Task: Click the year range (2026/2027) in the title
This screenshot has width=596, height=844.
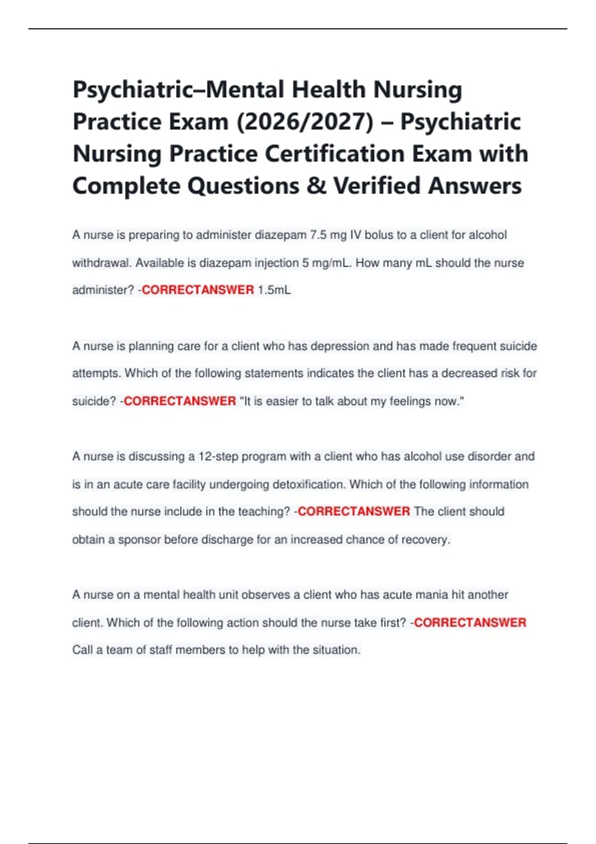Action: [305, 122]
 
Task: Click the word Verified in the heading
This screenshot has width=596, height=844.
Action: [377, 186]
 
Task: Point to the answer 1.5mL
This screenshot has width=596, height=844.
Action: [274, 290]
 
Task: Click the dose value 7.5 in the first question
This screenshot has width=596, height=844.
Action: [318, 235]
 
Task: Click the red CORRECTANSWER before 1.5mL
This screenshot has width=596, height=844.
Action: [198, 290]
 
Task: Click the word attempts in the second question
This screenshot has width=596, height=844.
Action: [96, 373]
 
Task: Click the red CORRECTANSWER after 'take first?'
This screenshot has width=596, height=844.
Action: [470, 623]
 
